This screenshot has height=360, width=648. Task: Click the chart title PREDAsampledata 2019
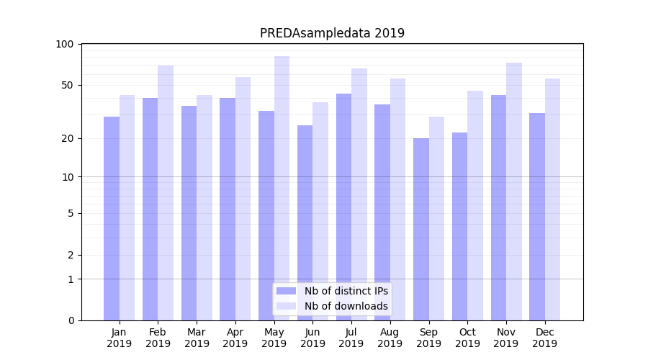point(332,33)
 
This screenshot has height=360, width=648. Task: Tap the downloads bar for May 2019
point(282,188)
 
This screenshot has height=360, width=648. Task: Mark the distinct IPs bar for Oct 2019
point(460,226)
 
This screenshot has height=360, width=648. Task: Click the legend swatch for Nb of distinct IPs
point(286,291)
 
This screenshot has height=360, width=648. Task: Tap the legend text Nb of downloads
point(346,306)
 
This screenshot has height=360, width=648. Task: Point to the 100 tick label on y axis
point(65,44)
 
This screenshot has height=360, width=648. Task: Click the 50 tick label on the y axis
point(67,85)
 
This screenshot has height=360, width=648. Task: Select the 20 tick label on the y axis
point(67,138)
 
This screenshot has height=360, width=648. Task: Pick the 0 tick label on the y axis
point(71,320)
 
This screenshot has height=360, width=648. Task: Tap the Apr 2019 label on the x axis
point(235,338)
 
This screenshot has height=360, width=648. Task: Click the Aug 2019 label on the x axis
point(390,338)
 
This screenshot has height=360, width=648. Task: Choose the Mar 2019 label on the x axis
point(197,338)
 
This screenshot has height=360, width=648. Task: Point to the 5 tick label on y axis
point(71,213)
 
